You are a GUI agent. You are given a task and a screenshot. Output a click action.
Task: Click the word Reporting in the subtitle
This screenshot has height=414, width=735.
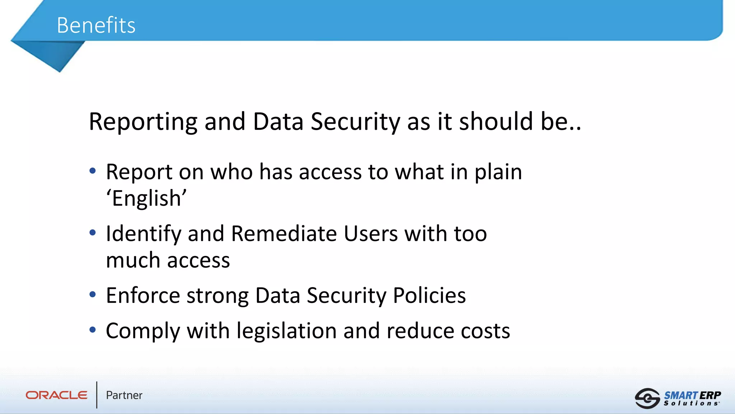click(x=143, y=121)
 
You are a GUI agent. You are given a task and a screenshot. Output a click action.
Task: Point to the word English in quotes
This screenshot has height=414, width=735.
click(x=146, y=198)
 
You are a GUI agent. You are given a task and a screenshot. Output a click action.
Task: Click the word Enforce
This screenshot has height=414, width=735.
click(x=143, y=295)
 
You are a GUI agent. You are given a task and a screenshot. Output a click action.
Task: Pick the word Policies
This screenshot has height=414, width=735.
click(x=429, y=295)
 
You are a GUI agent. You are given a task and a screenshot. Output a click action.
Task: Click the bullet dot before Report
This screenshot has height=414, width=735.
click(x=93, y=171)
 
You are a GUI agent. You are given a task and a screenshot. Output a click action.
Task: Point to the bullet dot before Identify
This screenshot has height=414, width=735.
click(x=93, y=233)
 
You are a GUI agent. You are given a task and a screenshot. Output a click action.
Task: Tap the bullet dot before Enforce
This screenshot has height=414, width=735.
click(x=93, y=295)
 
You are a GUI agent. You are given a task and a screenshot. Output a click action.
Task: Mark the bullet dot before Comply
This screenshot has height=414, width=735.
click(x=93, y=330)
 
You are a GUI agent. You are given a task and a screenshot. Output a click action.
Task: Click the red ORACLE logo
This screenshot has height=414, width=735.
click(x=56, y=395)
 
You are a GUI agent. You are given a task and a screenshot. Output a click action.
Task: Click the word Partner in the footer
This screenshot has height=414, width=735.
click(x=124, y=395)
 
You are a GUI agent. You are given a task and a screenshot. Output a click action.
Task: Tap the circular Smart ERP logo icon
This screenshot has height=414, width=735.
click(x=647, y=398)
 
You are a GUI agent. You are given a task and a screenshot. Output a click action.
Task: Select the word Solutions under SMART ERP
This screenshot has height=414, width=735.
click(x=691, y=404)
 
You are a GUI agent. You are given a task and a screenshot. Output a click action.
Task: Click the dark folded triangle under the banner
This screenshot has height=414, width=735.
click(x=54, y=54)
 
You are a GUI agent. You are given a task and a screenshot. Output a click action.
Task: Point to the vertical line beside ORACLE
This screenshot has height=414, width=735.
click(x=97, y=395)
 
